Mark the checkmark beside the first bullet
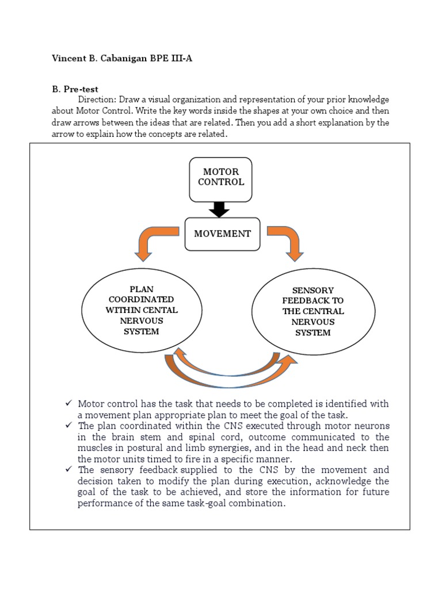pyautogui.click(x=68, y=404)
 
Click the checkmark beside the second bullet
pyautogui.click(x=68, y=426)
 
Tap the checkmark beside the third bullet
pyautogui.click(x=68, y=469)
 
